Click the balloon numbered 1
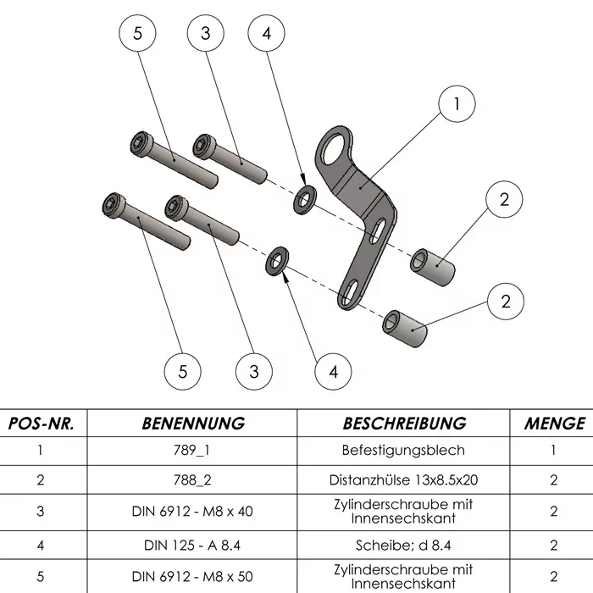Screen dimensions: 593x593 pos(457,104)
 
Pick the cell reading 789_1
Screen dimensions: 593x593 pos(193,451)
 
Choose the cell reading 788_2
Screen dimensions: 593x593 pos(193,479)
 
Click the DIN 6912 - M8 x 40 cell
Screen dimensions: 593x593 pos(193,512)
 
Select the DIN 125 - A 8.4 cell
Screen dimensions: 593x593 pos(193,544)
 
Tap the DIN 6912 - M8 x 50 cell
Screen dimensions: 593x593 pos(193,576)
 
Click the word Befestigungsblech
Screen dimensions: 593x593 pos(404,451)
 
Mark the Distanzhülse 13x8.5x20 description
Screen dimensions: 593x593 pos(404,479)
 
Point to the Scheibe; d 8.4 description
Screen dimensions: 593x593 pos(404,544)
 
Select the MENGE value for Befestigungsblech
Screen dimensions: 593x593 pos(554,451)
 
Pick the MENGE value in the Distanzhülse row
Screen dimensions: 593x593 pos(554,479)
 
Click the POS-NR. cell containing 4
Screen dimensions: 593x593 pos(42,544)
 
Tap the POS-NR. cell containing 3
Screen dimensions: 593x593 pos(42,512)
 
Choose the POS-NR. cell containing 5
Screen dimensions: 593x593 pos(42,576)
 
